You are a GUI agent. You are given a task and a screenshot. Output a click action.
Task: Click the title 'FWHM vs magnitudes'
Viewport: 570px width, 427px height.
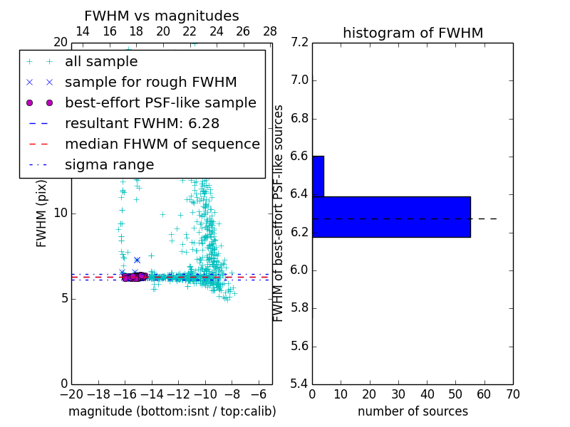[161, 16]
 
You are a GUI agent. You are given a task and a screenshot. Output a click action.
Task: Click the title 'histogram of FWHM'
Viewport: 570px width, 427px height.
[413, 33]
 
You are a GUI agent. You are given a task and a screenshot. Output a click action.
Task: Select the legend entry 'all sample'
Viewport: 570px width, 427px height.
[101, 62]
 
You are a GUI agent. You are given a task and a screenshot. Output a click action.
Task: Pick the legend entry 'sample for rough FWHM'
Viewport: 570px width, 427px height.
[150, 82]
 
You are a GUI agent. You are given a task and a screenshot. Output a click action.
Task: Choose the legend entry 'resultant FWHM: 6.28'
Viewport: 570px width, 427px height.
[149, 123]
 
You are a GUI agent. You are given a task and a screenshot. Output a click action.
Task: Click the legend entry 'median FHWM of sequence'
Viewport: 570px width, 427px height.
[162, 144]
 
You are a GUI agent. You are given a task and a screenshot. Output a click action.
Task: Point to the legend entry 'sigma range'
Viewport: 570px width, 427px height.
[109, 164]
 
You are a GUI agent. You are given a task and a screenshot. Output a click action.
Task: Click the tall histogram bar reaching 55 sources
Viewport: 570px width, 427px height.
[391, 217]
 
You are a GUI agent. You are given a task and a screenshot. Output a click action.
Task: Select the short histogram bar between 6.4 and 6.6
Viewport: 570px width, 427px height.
[318, 176]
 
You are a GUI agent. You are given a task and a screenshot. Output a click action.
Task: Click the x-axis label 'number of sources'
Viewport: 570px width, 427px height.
[413, 411]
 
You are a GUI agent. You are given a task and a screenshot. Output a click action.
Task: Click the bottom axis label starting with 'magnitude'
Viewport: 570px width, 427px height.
[172, 411]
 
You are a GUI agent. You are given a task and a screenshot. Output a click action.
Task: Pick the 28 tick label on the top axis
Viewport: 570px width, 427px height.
[270, 31]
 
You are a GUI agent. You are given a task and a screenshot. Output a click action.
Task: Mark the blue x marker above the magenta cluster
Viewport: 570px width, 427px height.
[137, 260]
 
